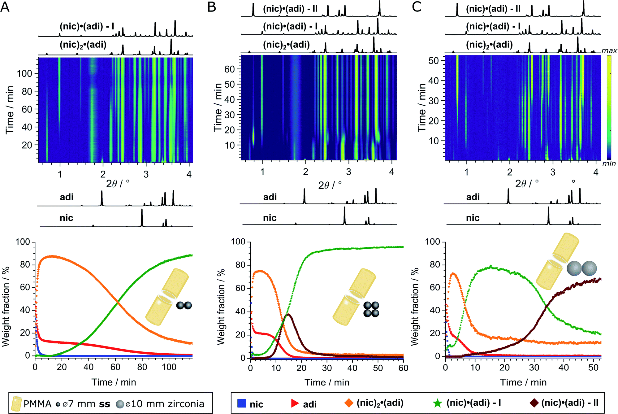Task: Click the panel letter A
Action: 5,7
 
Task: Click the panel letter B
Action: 212,7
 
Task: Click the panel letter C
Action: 417,7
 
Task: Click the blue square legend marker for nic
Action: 241,403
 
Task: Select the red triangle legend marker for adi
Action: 295,403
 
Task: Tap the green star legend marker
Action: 438,403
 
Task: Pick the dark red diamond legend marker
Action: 534,403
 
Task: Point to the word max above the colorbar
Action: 609,50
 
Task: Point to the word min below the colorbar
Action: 609,164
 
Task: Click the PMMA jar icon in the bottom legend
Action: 16,403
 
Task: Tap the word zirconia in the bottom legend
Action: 186,404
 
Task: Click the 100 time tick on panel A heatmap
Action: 24,74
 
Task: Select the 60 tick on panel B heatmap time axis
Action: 230,69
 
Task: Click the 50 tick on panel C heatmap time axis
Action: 434,61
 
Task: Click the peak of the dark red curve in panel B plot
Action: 288,314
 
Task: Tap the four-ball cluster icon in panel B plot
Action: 371,309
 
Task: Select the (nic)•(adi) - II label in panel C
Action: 493,9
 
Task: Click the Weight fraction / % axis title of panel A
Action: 6,306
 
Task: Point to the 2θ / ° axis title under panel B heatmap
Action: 330,185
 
